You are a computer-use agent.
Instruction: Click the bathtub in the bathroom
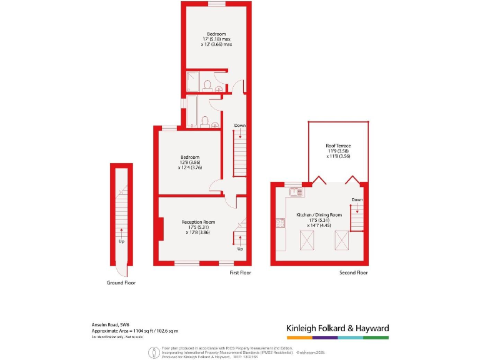(192, 111)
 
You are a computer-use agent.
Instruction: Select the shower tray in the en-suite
(193, 82)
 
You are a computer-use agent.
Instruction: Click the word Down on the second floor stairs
(356, 200)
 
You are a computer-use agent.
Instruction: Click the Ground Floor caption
(121, 282)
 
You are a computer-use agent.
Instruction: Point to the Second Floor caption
(353, 272)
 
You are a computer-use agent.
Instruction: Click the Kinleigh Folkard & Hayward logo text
(337, 328)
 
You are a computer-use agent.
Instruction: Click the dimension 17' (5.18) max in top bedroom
(216, 39)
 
